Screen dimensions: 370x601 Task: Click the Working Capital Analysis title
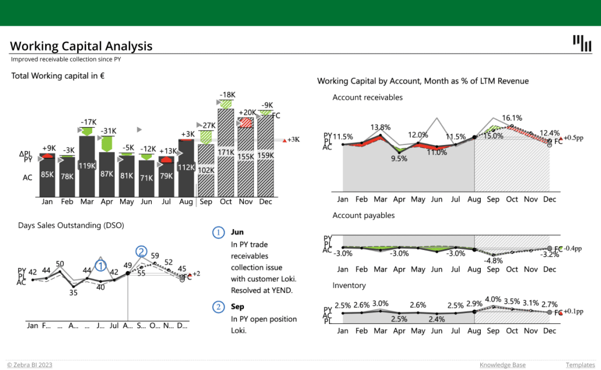tap(81, 46)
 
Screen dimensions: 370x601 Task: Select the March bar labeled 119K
tap(87, 166)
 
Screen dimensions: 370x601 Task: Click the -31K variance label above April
tap(108, 131)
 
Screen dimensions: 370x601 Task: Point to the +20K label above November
tap(247, 112)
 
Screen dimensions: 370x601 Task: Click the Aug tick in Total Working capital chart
tap(186, 202)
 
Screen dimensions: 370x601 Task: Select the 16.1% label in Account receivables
tap(512, 118)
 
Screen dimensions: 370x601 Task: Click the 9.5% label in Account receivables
tap(399, 158)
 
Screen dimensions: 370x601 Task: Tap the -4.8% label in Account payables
tap(493, 260)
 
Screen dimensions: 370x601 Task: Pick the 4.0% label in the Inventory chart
tap(493, 299)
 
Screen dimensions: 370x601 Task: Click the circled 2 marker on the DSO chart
tap(141, 251)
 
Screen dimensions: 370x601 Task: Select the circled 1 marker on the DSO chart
tap(101, 266)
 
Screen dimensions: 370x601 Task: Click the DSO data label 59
tap(155, 255)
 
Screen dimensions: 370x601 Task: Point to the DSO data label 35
tap(73, 293)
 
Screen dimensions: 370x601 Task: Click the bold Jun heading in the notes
tap(237, 232)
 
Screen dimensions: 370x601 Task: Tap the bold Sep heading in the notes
tap(237, 306)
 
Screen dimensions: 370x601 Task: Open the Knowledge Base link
tap(502, 365)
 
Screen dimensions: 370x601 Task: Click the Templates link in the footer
tap(579, 365)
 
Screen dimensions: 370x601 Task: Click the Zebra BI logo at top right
tap(581, 43)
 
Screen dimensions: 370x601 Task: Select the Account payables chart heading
tap(364, 216)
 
